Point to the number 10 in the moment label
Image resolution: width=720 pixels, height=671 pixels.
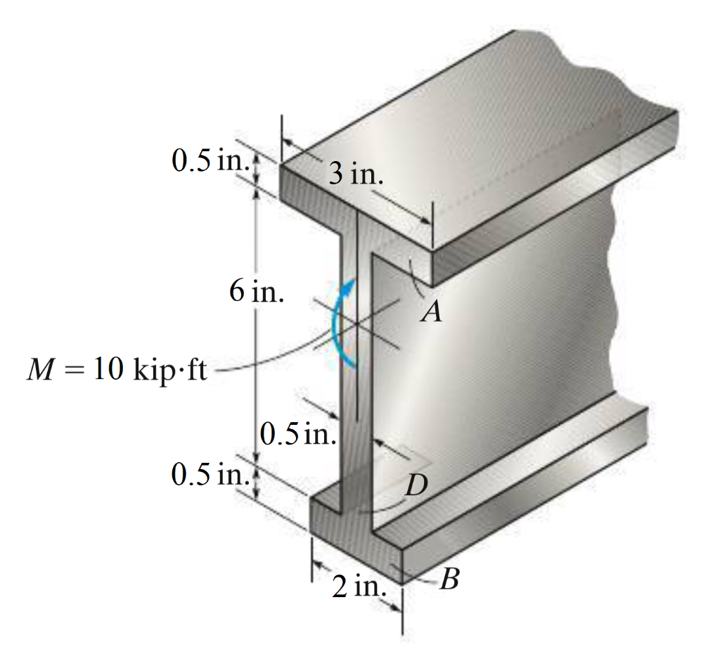pos(108,370)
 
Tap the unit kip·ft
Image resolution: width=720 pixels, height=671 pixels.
pos(169,371)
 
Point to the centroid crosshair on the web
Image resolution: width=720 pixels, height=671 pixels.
pos(356,323)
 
